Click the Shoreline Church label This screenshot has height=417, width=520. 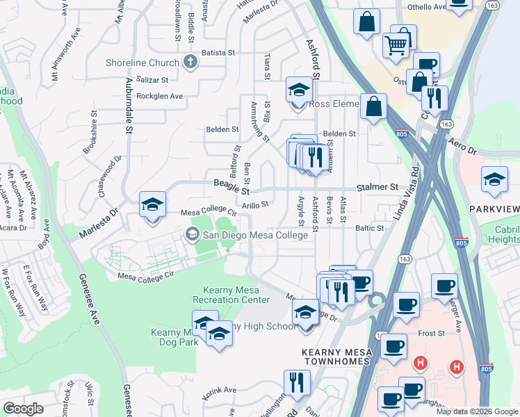tap(143, 63)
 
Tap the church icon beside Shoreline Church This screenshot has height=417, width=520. tap(190, 63)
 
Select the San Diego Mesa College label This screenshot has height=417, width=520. tap(254, 235)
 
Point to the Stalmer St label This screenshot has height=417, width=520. tap(377, 188)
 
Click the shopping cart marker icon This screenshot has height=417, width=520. tap(396, 46)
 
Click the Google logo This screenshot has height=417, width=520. tap(23, 409)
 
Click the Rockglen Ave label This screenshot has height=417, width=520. tap(159, 96)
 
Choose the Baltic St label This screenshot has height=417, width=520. tap(370, 228)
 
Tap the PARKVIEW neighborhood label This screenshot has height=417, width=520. tap(494, 209)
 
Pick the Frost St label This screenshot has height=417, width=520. tap(431, 334)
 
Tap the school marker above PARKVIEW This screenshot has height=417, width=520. tap(494, 180)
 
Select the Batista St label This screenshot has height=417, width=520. tap(219, 52)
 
